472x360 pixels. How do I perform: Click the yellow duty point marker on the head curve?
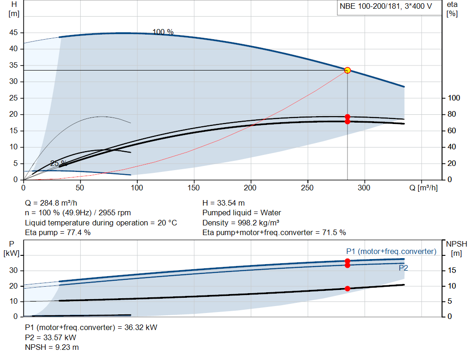(x=348, y=70)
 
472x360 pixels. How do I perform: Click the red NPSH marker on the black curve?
(x=348, y=289)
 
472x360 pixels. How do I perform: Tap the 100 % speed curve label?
(x=163, y=32)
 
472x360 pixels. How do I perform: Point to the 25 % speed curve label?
(x=59, y=164)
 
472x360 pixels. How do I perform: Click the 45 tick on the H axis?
(x=13, y=33)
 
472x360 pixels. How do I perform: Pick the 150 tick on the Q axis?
(x=194, y=188)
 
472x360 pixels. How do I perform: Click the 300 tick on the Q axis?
(x=364, y=188)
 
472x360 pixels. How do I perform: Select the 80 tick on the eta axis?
(x=452, y=114)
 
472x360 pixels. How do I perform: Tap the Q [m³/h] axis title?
(x=424, y=188)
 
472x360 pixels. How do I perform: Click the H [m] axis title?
(x=14, y=9)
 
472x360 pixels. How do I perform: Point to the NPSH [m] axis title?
(x=456, y=248)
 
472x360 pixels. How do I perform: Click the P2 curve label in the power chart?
(x=403, y=268)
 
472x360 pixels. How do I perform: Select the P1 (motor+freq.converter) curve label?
(x=391, y=251)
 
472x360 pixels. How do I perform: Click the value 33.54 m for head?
(x=231, y=203)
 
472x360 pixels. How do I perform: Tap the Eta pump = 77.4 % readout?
(x=58, y=233)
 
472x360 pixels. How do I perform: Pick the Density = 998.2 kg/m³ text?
(x=241, y=223)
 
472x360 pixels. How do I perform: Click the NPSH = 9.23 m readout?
(x=52, y=348)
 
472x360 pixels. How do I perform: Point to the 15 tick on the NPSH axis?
(x=452, y=270)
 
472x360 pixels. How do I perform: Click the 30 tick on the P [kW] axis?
(x=13, y=270)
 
